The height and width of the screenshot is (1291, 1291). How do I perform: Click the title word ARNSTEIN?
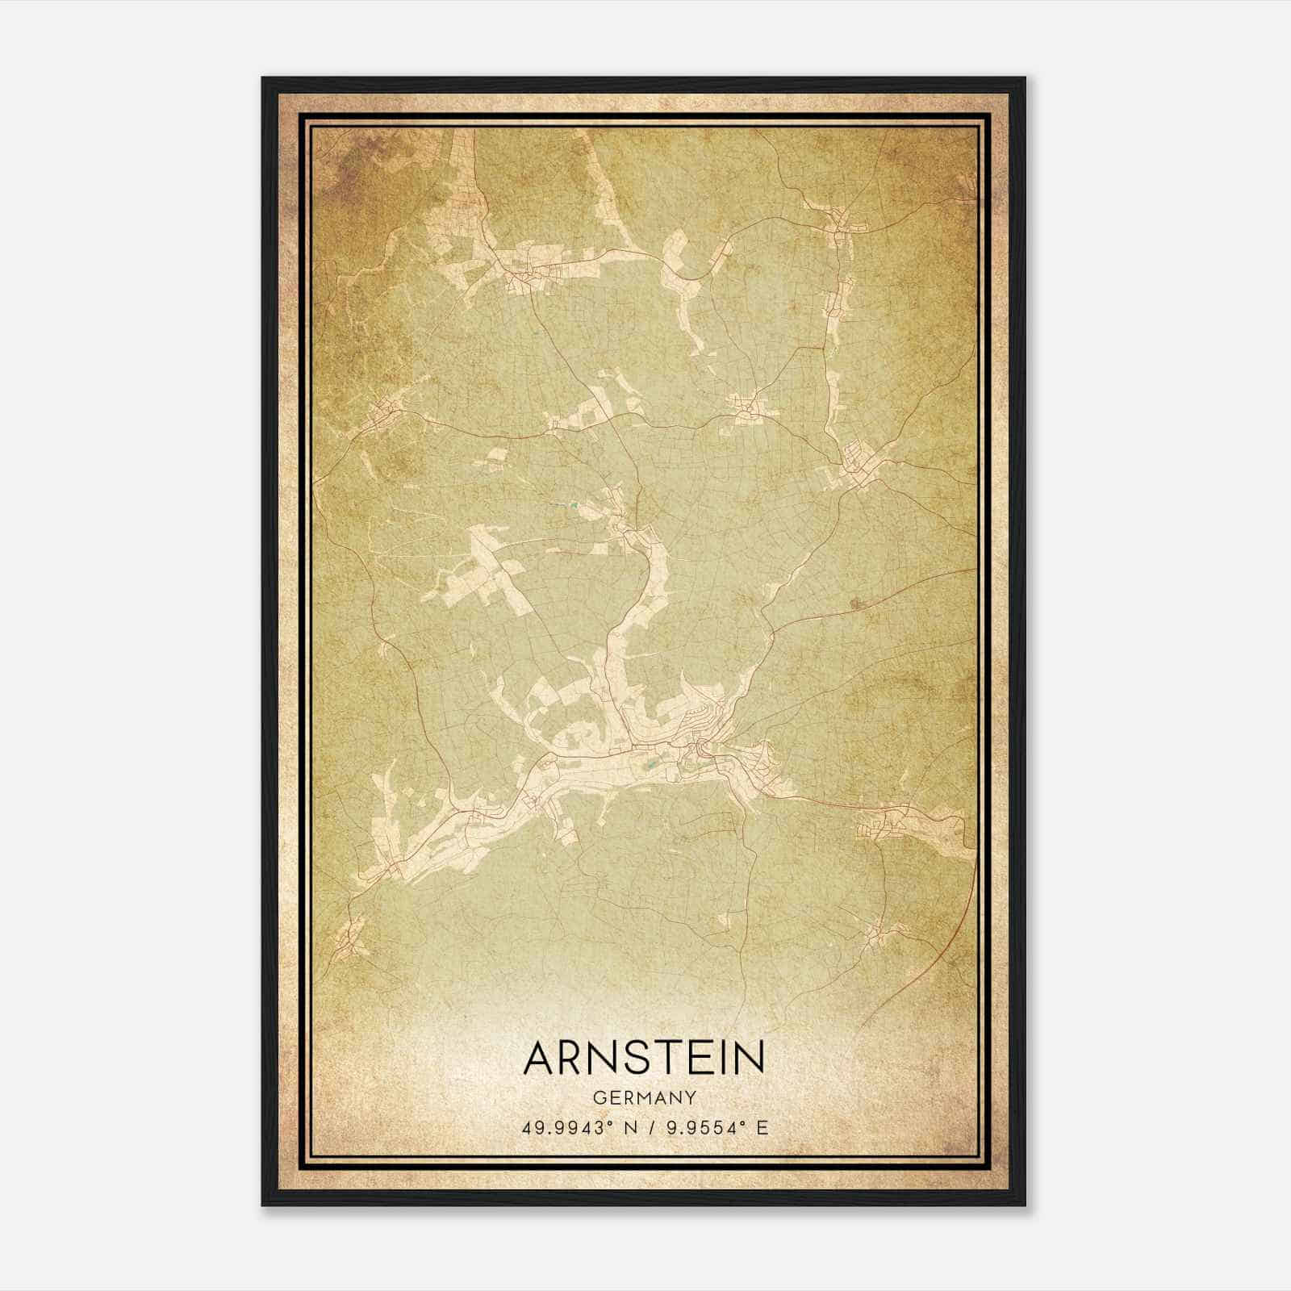[x=644, y=1058]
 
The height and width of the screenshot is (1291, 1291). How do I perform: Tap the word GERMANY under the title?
[x=644, y=1098]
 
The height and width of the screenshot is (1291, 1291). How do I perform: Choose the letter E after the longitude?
[x=762, y=1127]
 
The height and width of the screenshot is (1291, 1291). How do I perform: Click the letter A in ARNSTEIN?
[x=541, y=1058]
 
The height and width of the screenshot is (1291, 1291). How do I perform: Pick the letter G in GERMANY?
[x=598, y=1098]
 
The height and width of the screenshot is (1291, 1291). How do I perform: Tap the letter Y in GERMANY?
[x=691, y=1098]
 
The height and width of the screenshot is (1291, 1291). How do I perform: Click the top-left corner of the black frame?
[x=263, y=78]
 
